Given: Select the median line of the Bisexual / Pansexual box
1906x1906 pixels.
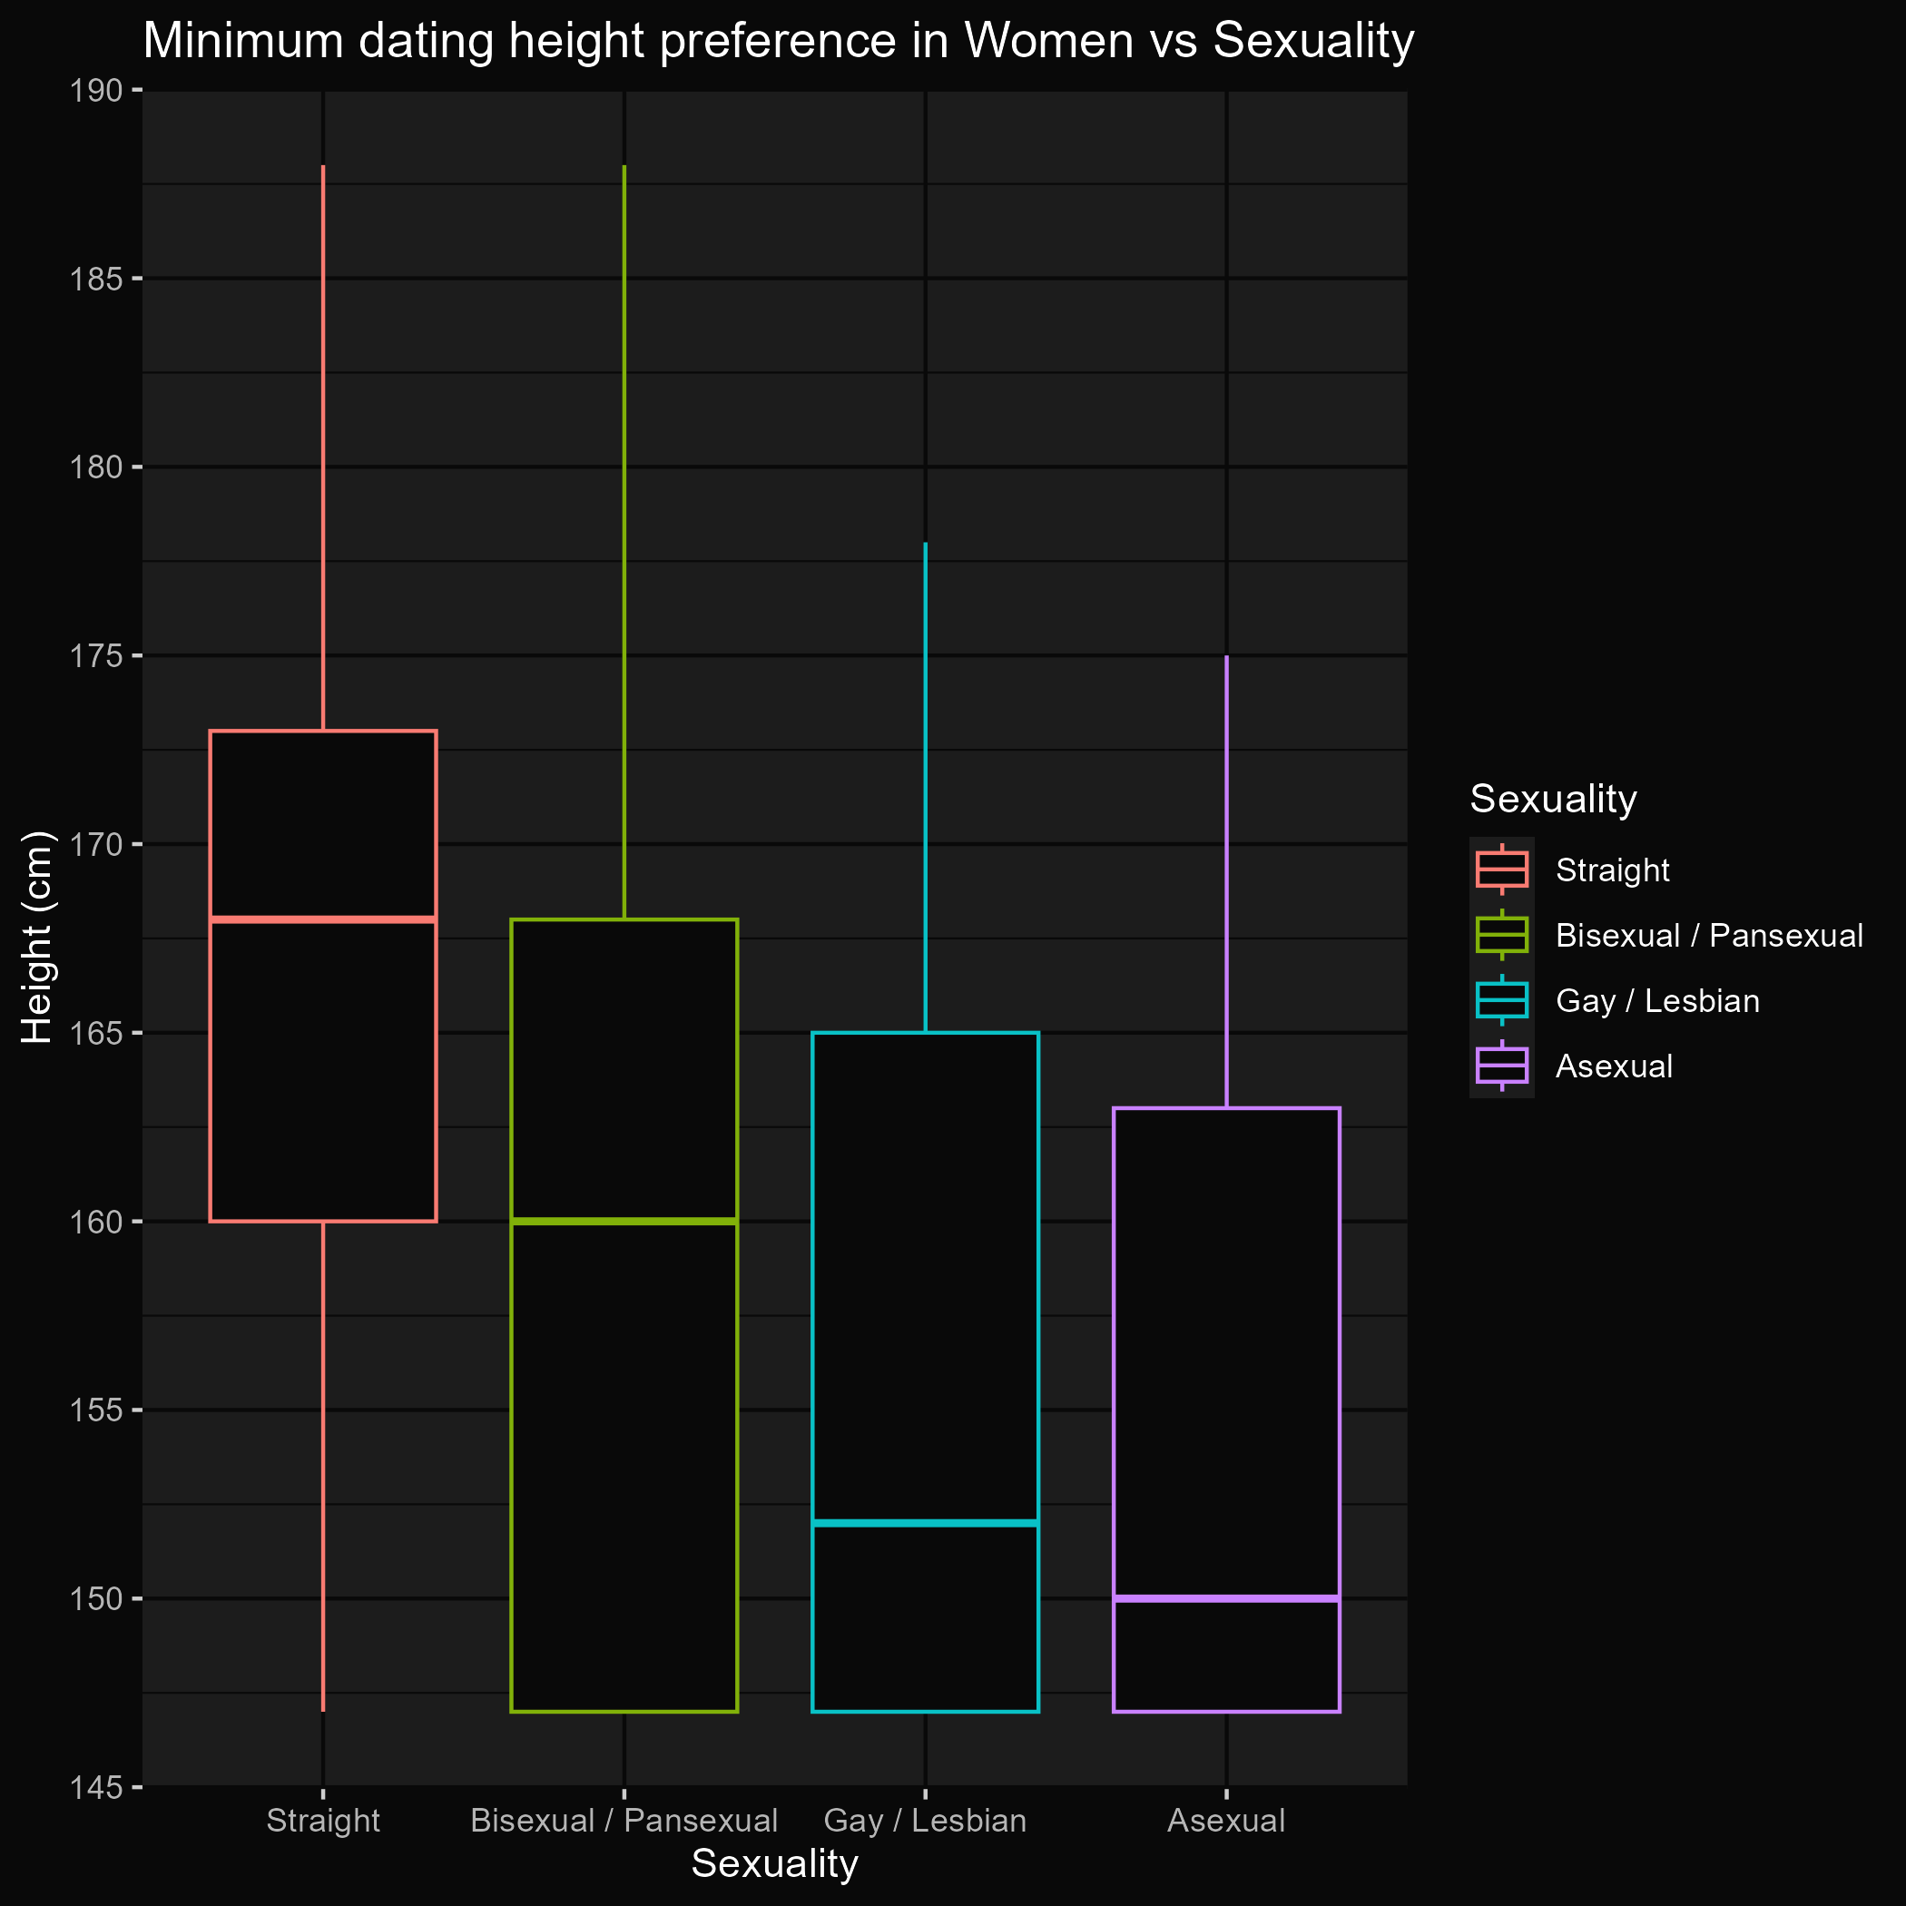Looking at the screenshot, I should point(624,1222).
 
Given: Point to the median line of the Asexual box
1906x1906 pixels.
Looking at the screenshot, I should point(1225,1598).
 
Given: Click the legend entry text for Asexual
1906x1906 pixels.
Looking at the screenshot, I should point(1614,1066).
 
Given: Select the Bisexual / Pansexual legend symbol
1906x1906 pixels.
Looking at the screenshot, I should point(1501,935).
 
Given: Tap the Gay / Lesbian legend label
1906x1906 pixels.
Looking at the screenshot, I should point(1657,1001).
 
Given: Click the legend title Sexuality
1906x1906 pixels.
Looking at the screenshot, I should point(1553,799).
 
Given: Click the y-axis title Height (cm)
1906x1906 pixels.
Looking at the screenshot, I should point(36,938).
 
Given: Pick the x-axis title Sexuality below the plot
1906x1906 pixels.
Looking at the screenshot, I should point(774,1864).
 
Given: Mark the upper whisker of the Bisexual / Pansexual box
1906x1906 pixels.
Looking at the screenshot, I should point(624,543).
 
